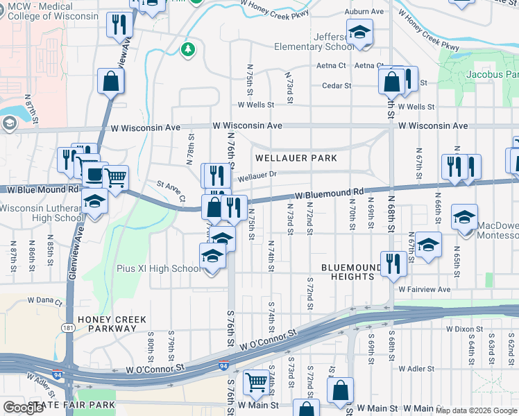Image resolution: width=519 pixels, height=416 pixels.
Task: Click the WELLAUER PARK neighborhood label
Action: point(296,158)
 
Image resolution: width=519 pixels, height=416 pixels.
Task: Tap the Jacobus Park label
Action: point(494,74)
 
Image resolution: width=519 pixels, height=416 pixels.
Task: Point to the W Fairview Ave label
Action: point(425,289)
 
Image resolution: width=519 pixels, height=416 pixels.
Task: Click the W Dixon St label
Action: point(464,329)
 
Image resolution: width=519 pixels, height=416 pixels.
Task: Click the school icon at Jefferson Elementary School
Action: point(359,32)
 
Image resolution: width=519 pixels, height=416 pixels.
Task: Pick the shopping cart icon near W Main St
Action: point(256,381)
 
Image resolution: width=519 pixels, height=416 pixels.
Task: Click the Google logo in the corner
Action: point(24,408)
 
